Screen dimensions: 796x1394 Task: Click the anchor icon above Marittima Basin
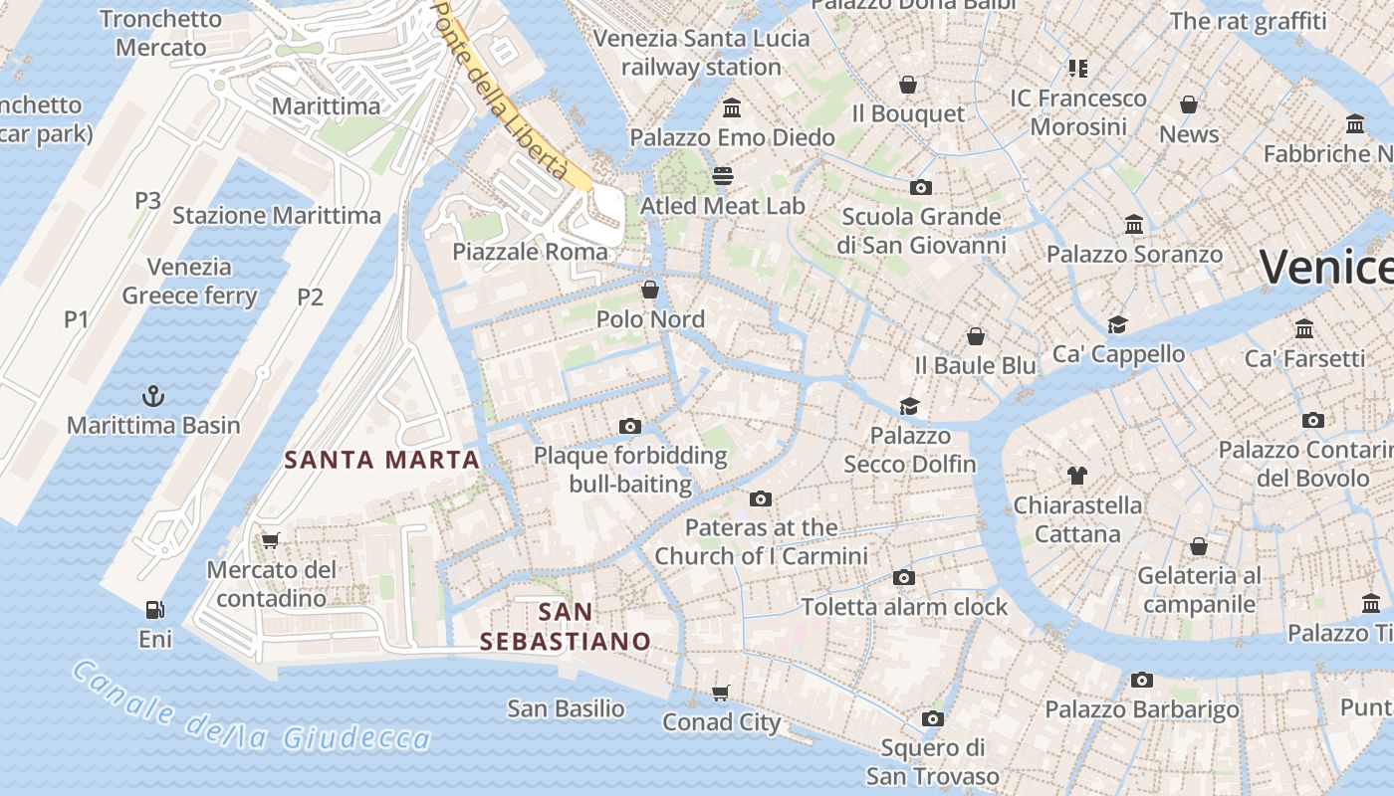pos(152,396)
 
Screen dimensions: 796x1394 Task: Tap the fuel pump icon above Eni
pos(154,609)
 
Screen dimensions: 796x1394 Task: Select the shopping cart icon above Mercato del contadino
pos(269,540)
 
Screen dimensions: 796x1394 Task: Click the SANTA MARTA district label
pos(382,460)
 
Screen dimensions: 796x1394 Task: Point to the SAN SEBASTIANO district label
pos(565,627)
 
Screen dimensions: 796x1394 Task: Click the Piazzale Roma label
pos(530,252)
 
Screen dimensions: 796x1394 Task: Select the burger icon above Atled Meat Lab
pos(722,176)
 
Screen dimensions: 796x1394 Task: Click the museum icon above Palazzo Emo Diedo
pos(732,107)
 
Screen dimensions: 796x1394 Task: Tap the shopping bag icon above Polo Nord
pos(650,290)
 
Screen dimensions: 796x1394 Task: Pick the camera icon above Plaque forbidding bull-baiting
pos(629,426)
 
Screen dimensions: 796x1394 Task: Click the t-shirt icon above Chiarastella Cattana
pos(1076,475)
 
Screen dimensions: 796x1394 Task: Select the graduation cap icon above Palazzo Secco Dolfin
pos(909,406)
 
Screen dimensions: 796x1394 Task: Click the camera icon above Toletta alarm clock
pos(904,577)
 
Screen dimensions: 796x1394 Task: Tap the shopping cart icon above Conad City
pos(721,693)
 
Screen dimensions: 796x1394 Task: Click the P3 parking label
pos(147,200)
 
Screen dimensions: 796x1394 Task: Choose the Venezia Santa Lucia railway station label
pos(701,53)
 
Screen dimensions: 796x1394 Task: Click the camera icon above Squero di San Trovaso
pos(932,718)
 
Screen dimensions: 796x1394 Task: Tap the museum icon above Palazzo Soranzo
pos(1133,225)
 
